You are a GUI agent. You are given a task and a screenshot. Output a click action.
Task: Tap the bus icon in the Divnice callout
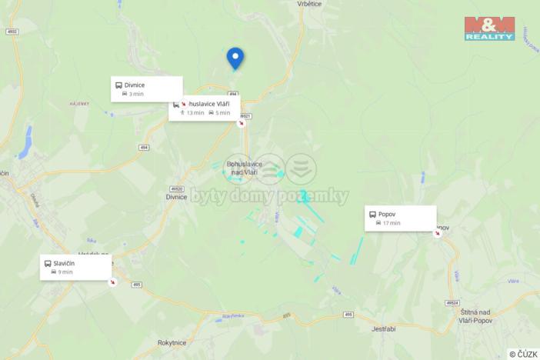coord(118,85)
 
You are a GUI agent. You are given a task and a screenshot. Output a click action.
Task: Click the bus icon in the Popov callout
coord(372,215)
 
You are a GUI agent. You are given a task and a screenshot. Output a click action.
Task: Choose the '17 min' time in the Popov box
coord(391,223)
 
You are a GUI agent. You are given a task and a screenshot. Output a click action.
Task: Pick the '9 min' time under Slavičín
coord(65,272)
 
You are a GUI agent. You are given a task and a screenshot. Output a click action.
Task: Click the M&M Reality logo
coord(489,27)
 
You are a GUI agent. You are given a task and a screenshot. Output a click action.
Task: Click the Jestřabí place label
coord(383,328)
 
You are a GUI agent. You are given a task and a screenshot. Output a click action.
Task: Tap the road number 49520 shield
coord(177,188)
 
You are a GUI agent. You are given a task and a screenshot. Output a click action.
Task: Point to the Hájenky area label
coord(80,104)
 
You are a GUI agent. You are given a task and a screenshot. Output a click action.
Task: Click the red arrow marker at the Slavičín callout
coord(113,282)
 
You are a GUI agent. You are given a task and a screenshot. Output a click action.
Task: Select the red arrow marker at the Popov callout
coord(437,233)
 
